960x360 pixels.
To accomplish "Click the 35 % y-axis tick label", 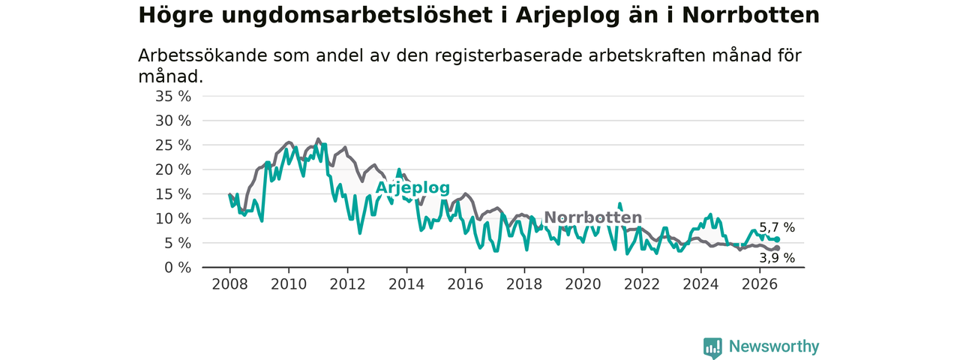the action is coord(173,97).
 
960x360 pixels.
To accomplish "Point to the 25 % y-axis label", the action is coord(173,145).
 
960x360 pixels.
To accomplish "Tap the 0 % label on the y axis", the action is coord(178,268).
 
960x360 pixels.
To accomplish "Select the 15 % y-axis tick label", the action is coord(173,194).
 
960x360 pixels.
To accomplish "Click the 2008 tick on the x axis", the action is coord(229,284).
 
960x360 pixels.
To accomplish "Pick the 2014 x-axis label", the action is coord(406,284).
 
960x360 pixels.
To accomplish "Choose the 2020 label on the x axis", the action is coord(583,284).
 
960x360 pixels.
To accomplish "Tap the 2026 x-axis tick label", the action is coord(760,284).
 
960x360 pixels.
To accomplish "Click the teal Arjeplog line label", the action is coord(412,188).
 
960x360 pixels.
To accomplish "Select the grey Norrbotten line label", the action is coord(593,217).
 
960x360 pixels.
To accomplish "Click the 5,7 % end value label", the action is coord(777,227).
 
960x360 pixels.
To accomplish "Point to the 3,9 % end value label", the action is coord(777,258).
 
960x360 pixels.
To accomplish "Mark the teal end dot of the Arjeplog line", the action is coord(777,239).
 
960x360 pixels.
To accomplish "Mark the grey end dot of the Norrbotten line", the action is coord(777,248).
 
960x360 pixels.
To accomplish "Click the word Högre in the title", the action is coord(175,16).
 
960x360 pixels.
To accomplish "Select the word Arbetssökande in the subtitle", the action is coord(202,55).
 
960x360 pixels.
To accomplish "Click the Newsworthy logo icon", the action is coord(712,347).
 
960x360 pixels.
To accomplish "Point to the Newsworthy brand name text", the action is coord(774,346).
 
